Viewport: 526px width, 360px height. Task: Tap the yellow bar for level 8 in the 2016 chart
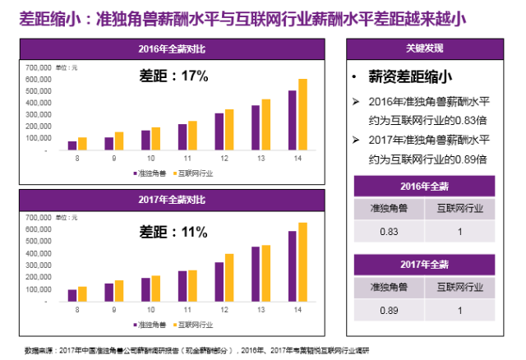[x=82, y=144]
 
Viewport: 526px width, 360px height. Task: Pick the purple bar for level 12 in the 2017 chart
[x=219, y=282]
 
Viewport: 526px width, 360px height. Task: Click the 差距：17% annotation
[x=171, y=76]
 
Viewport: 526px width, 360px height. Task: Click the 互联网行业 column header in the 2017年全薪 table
[x=460, y=288]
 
